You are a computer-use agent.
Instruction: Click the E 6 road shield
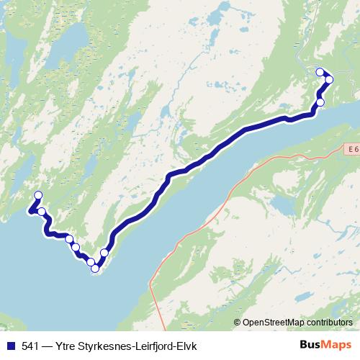(349, 148)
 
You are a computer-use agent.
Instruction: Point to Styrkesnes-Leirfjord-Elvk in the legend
(138, 345)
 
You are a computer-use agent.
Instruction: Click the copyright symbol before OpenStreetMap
(238, 323)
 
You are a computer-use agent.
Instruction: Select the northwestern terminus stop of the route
(38, 195)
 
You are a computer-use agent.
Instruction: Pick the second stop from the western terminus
(42, 212)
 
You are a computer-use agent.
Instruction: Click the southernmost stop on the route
(95, 269)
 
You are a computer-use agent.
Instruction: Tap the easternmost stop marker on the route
(329, 79)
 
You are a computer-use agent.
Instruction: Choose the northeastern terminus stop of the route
(320, 71)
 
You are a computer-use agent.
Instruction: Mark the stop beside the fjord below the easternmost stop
(320, 102)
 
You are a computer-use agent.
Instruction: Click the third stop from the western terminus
(69, 239)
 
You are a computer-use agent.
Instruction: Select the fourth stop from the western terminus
(76, 248)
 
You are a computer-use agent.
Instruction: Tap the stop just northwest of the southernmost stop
(91, 262)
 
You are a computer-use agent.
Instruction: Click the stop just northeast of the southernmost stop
(104, 253)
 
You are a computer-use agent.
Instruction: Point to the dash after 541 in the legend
(49, 345)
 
